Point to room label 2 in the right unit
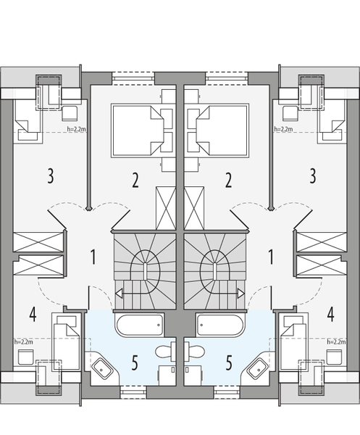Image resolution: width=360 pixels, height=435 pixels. [228, 180]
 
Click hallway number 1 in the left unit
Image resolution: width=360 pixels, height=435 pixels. [93, 256]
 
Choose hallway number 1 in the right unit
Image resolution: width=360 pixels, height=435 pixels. [269, 256]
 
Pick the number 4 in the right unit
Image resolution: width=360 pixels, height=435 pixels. [331, 316]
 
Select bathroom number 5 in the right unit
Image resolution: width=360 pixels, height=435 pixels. [229, 362]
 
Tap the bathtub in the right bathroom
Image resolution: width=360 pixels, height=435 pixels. [219, 326]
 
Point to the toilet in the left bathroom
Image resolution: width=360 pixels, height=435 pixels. [166, 352]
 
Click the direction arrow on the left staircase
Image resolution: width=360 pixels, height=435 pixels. [119, 294]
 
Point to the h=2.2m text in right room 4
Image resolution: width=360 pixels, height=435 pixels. [337, 341]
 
